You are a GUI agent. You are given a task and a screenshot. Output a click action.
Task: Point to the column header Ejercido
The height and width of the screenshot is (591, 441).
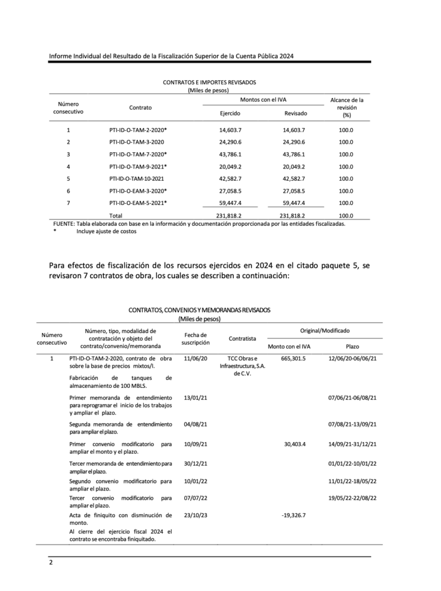click(230, 114)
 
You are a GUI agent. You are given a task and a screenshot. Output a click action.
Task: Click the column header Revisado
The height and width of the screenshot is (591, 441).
click(296, 114)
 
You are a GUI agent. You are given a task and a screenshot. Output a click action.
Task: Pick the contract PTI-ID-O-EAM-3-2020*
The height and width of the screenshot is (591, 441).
click(138, 190)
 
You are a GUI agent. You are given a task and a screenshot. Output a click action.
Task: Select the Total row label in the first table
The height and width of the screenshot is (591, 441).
click(124, 215)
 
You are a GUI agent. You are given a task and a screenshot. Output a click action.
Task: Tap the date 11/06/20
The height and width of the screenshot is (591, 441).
click(195, 358)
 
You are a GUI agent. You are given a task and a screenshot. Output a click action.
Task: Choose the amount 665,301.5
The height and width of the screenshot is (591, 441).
click(293, 358)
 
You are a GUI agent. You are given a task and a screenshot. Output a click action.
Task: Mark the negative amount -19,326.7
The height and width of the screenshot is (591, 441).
click(293, 515)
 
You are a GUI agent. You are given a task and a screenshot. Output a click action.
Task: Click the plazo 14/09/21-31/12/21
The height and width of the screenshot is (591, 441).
click(352, 444)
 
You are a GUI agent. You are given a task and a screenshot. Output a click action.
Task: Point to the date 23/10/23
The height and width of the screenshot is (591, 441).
click(195, 515)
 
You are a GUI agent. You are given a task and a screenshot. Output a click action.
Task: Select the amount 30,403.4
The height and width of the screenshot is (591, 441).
click(295, 444)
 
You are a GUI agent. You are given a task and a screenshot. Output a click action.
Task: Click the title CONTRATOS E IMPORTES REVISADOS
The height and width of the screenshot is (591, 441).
click(209, 83)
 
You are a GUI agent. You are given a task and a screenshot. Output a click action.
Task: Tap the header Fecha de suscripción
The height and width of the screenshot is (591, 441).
click(195, 338)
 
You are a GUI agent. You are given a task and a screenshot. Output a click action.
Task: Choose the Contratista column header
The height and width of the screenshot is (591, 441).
click(242, 338)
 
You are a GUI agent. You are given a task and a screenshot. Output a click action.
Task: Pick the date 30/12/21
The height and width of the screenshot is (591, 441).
click(195, 463)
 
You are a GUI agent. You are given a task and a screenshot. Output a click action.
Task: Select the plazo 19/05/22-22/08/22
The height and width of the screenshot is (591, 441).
click(352, 498)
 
